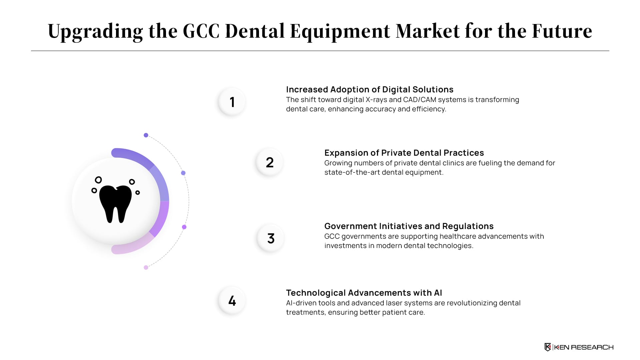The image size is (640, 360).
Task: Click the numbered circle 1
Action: tap(232, 102)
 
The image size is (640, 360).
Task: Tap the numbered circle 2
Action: tap(270, 162)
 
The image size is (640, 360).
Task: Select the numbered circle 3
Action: tap(271, 238)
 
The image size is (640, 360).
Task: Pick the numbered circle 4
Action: tap(232, 301)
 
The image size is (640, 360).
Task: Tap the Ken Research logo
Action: tap(579, 347)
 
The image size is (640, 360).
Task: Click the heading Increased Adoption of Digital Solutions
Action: tap(370, 89)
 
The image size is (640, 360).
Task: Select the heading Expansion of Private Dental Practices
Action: tap(404, 153)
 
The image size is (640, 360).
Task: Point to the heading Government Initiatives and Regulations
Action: tap(409, 226)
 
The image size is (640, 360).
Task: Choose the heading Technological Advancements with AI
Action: tap(364, 293)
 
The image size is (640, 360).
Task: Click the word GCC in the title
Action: tap(201, 31)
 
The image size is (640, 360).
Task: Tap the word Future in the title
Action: tap(562, 31)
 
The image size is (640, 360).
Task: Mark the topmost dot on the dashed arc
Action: tap(146, 135)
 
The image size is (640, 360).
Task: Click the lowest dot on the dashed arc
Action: tap(146, 267)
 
